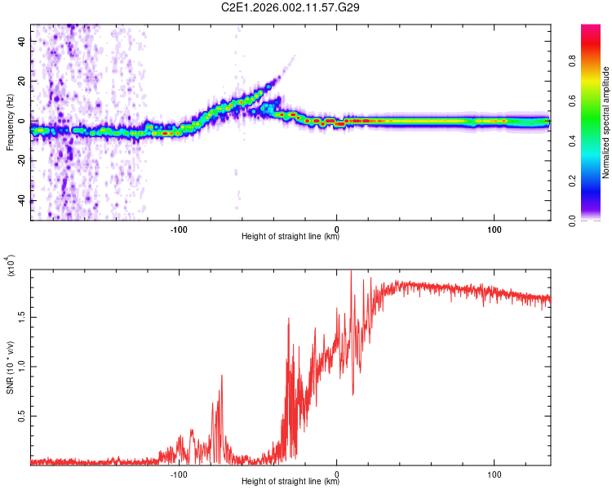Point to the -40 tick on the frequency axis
point(20,201)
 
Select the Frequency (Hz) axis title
point(10,122)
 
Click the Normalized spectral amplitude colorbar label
point(605,122)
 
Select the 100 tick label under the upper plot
point(494,229)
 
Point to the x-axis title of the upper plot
point(290,238)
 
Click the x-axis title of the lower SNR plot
point(290,483)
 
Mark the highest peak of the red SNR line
point(351,270)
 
